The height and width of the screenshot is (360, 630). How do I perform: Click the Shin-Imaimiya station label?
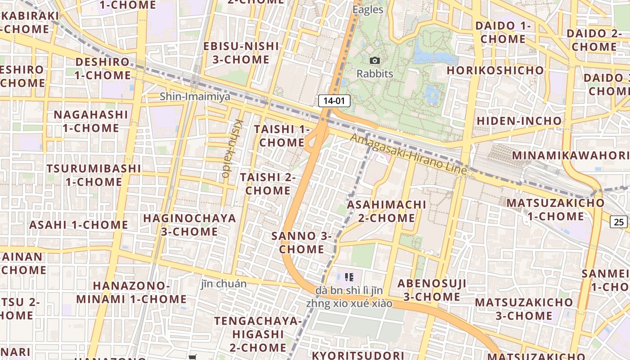click(195, 96)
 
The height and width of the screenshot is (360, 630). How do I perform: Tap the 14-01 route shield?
click(334, 101)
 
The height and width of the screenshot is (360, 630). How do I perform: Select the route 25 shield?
click(619, 221)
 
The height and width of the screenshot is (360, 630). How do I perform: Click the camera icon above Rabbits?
click(374, 60)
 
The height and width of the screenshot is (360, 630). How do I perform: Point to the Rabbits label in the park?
click(375, 73)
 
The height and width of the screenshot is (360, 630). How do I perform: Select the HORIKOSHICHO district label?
click(495, 71)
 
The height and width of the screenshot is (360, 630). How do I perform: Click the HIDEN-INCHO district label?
click(519, 121)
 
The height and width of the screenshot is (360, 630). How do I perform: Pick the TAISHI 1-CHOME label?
click(282, 135)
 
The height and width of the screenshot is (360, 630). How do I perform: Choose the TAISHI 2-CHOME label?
click(268, 184)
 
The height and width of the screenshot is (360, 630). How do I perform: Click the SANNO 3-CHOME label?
click(301, 242)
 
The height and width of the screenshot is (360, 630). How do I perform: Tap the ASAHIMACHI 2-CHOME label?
click(387, 211)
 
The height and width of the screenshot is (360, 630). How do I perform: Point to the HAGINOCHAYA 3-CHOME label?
click(189, 225)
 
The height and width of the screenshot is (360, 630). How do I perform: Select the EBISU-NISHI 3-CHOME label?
click(241, 53)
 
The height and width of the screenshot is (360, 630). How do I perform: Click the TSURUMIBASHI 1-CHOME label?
click(94, 175)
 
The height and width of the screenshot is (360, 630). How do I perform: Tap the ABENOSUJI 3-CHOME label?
click(432, 290)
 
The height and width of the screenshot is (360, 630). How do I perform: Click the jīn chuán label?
click(224, 284)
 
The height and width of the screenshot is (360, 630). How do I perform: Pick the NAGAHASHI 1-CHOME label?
click(91, 121)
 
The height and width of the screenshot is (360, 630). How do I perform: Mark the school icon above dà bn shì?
click(349, 277)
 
